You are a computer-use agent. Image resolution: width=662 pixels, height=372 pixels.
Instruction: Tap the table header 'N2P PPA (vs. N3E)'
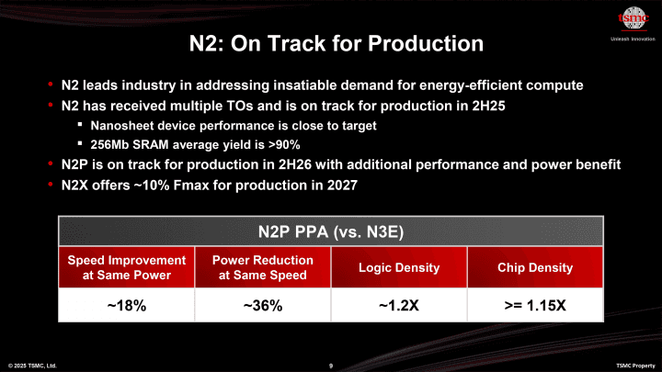click(x=330, y=229)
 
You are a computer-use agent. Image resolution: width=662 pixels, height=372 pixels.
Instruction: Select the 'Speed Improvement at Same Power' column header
click(x=126, y=267)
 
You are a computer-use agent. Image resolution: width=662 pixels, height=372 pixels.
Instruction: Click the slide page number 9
click(x=330, y=366)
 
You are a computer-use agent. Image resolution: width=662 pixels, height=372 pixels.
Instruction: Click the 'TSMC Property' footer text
click(x=634, y=366)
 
